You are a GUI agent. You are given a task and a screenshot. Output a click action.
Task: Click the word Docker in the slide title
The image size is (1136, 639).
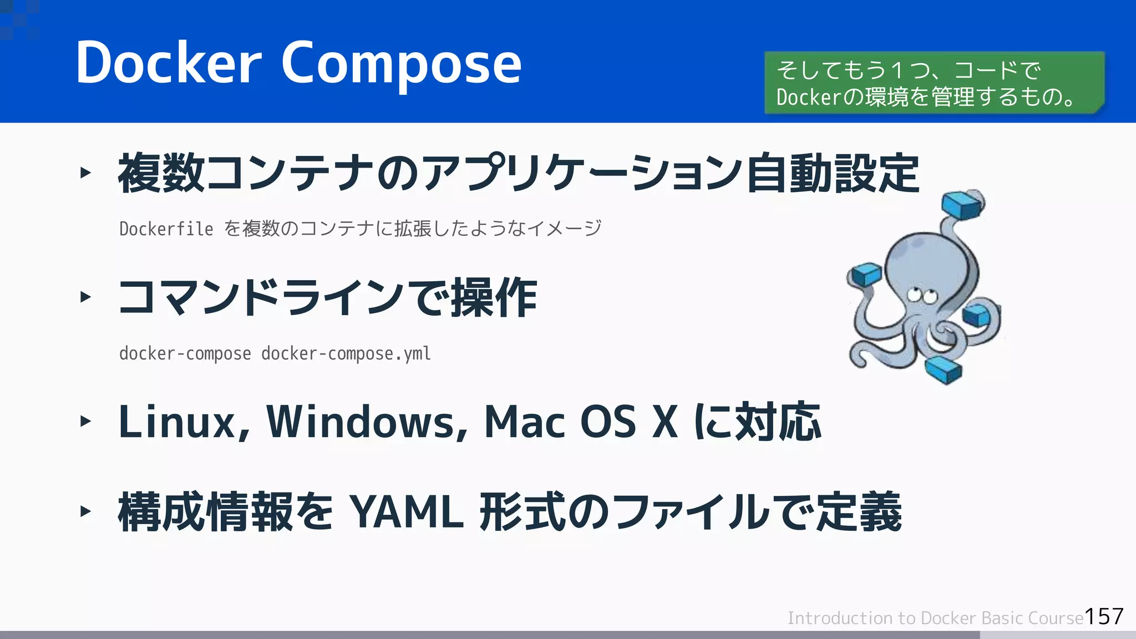click(168, 63)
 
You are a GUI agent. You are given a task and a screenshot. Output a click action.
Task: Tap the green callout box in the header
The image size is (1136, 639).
click(934, 83)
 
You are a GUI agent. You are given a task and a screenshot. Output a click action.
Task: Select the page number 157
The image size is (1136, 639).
click(1104, 616)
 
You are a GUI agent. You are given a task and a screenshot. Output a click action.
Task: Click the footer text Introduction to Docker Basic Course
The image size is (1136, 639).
click(935, 618)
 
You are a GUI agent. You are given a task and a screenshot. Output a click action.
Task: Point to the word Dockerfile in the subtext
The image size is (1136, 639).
click(166, 229)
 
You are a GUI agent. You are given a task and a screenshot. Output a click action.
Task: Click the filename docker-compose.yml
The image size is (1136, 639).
click(346, 353)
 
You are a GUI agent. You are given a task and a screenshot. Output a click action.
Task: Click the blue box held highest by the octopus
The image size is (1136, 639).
click(963, 205)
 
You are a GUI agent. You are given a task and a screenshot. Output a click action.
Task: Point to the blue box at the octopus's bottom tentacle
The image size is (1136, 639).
click(944, 369)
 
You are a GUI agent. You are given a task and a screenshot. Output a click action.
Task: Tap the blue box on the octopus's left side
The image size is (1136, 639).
click(866, 275)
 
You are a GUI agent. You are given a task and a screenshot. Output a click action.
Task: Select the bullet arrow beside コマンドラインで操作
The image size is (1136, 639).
click(85, 297)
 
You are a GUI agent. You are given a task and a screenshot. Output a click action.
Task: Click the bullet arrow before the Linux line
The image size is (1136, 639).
click(85, 421)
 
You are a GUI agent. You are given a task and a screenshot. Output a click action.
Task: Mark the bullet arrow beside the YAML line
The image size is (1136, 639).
click(85, 511)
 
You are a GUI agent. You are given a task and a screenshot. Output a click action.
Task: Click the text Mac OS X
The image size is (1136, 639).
click(581, 422)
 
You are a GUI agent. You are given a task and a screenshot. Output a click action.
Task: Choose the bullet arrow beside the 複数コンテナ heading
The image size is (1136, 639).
click(85, 173)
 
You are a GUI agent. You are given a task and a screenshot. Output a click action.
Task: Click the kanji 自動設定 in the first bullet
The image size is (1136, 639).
click(833, 174)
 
